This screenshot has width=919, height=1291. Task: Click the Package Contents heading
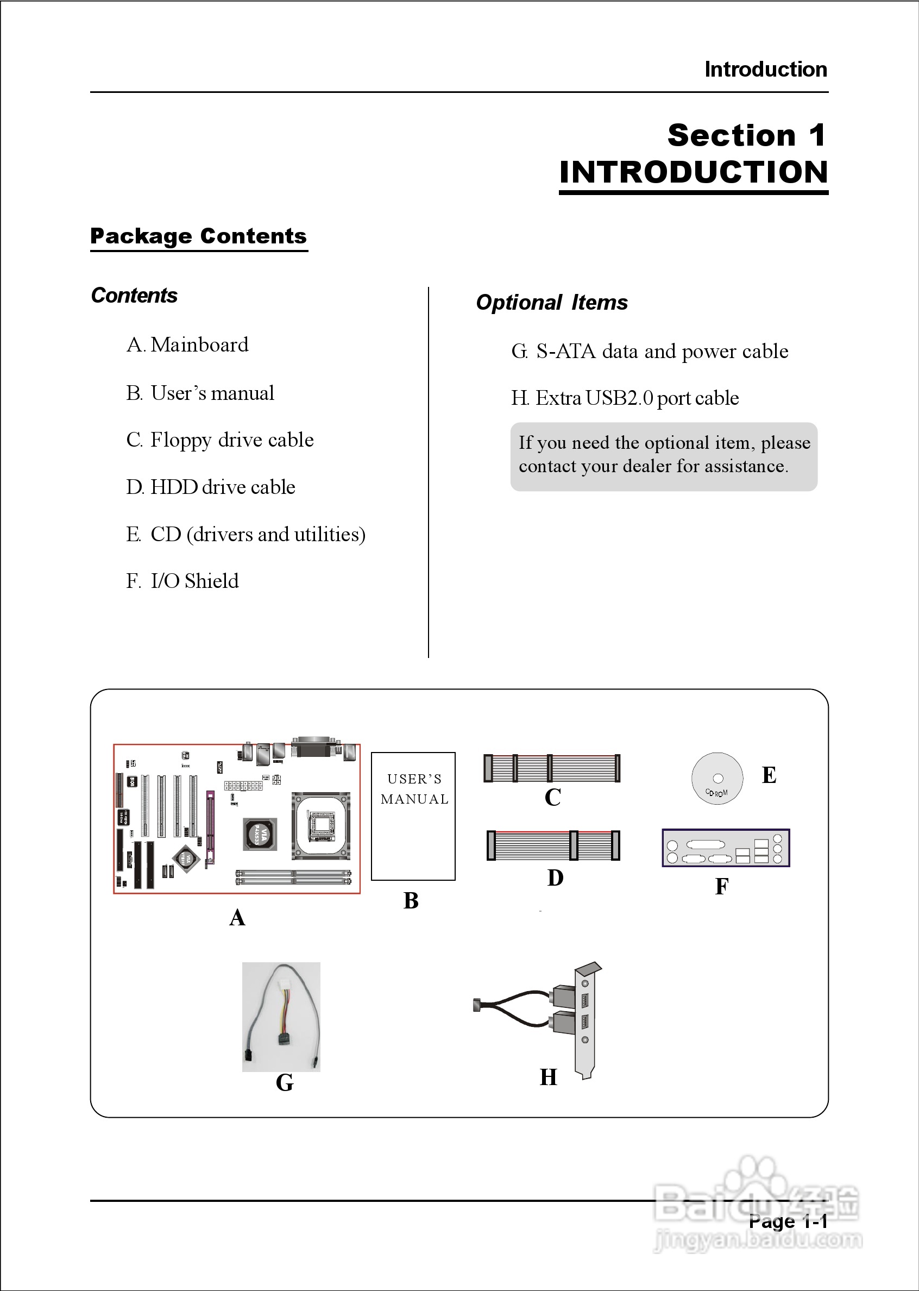point(198,236)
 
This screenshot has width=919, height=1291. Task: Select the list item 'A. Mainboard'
point(187,344)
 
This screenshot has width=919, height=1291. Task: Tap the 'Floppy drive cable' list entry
point(220,440)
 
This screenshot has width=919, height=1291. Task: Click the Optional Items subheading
point(552,302)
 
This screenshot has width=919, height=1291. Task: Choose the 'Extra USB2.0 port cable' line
point(625,398)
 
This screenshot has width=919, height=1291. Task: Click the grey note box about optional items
point(663,456)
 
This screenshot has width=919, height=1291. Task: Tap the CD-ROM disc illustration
point(717,778)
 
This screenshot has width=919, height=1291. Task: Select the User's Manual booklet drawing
point(413,816)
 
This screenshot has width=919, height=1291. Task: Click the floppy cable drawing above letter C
point(552,768)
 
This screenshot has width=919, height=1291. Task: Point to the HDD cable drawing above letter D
point(553,845)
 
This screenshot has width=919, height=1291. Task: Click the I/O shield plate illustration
point(726,848)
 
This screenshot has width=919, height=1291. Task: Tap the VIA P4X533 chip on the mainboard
point(260,833)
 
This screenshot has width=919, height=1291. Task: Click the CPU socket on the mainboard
point(321,825)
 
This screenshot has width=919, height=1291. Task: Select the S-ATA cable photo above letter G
point(281,1017)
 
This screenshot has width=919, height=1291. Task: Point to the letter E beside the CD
point(769,775)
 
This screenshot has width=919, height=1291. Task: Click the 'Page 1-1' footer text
point(788,1221)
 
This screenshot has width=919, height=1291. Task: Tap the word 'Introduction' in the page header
point(765,70)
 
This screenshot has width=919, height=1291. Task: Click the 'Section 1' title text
point(746,135)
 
